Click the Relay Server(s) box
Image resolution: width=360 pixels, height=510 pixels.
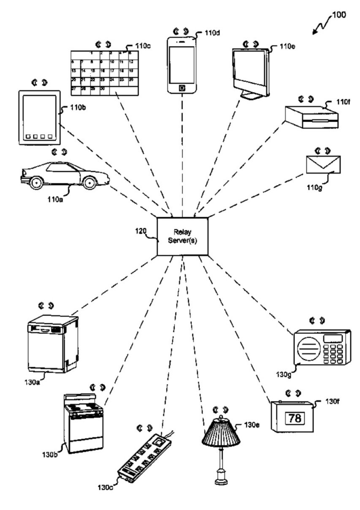tap(182, 236)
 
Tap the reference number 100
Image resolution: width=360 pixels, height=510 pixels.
tap(338, 15)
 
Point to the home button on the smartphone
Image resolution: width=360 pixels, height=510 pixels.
tap(182, 87)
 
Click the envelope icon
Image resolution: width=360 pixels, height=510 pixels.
tap(323, 164)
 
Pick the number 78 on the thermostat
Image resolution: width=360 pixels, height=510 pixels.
tap(295, 418)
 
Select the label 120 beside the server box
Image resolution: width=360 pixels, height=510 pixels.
tap(141, 231)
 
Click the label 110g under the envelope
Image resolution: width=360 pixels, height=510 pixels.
tap(315, 186)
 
